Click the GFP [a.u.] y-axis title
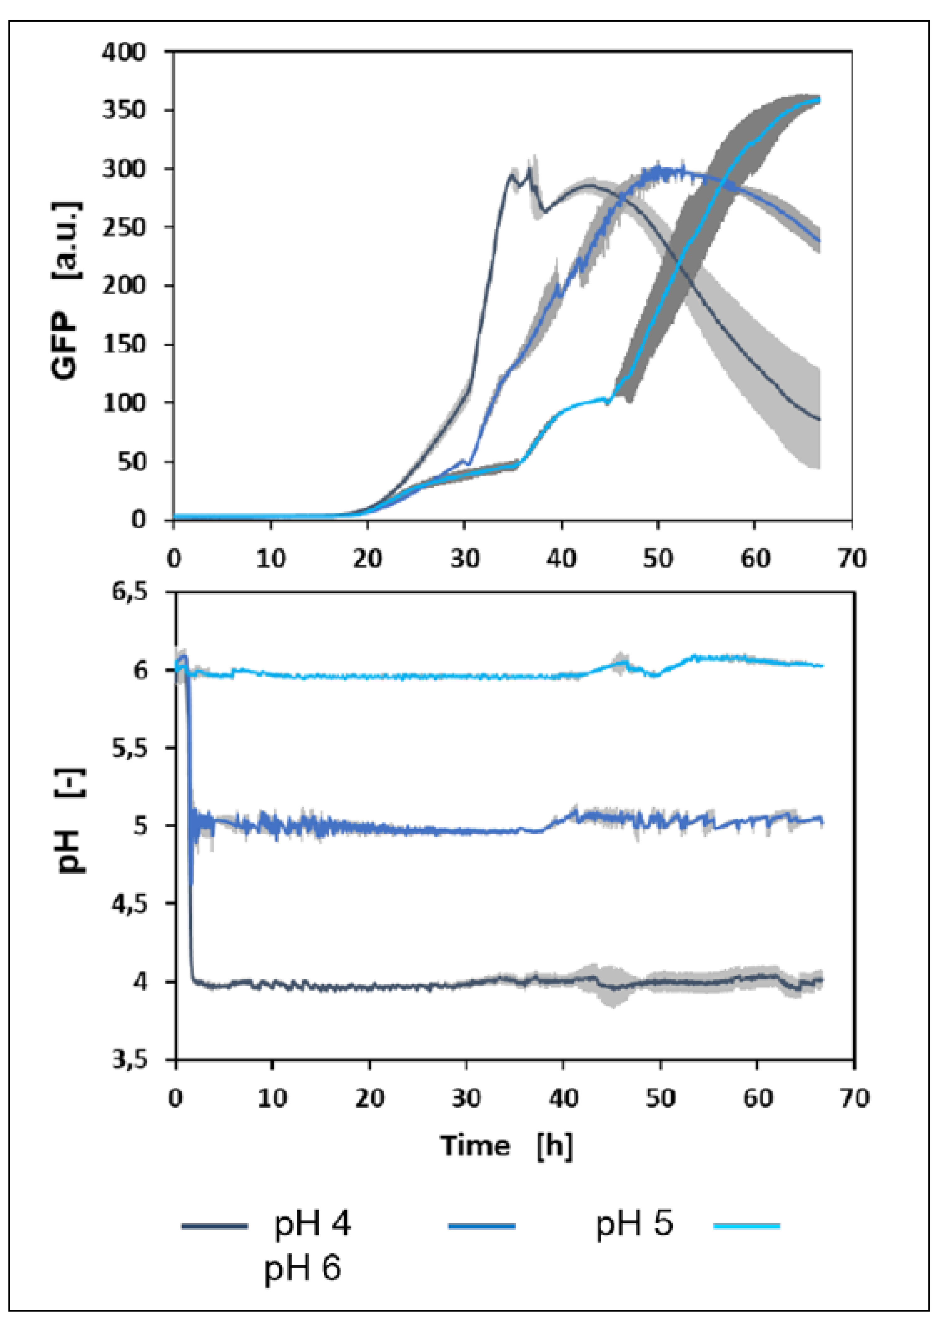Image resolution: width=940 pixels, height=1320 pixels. (66, 290)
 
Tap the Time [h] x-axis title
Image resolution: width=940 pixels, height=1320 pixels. (506, 1146)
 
